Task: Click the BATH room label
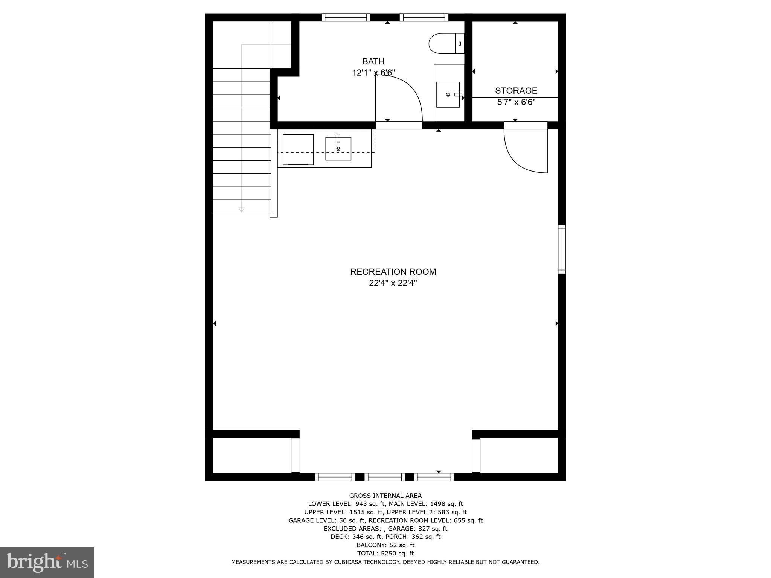tap(373, 61)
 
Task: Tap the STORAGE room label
tap(516, 91)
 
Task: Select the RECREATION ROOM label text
tap(393, 272)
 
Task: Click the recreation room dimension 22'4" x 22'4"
tap(393, 283)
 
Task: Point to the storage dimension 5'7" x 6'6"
tap(516, 102)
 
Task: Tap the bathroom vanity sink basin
tap(448, 94)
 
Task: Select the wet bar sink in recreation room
tap(338, 149)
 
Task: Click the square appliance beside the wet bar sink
tap(298, 149)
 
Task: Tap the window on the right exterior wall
tap(562, 249)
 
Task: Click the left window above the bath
tap(346, 17)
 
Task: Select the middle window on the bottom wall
tap(385, 477)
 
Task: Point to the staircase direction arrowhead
tap(241, 210)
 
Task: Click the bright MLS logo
tap(47, 562)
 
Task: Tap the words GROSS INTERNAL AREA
tap(385, 496)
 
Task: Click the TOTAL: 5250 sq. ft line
tap(385, 553)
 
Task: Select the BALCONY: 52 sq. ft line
tap(385, 545)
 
